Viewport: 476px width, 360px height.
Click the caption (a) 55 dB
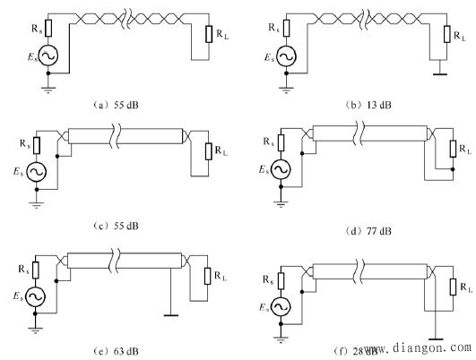(x=116, y=105)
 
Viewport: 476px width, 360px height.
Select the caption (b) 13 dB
(x=368, y=105)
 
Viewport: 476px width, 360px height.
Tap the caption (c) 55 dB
(x=116, y=226)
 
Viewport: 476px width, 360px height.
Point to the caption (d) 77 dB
(x=368, y=231)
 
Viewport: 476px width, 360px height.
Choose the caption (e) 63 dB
(x=116, y=351)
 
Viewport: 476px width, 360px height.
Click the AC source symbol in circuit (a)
(x=48, y=55)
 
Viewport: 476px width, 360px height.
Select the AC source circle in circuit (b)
(x=286, y=56)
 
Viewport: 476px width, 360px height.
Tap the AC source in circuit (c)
(x=37, y=172)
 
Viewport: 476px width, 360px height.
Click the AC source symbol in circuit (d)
(x=281, y=169)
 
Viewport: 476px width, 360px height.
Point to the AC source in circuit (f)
(x=281, y=307)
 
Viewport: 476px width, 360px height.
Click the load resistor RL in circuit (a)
(x=209, y=34)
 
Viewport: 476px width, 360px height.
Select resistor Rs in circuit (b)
(x=286, y=28)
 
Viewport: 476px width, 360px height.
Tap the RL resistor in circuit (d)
(x=453, y=149)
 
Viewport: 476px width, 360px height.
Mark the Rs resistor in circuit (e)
(x=36, y=270)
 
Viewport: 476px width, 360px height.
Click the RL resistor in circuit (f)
(x=453, y=287)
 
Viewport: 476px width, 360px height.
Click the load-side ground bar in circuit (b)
(x=440, y=73)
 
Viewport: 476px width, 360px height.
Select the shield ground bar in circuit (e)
(x=171, y=315)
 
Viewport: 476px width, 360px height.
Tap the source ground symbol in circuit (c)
(x=37, y=205)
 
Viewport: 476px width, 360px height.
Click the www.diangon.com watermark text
(x=419, y=347)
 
